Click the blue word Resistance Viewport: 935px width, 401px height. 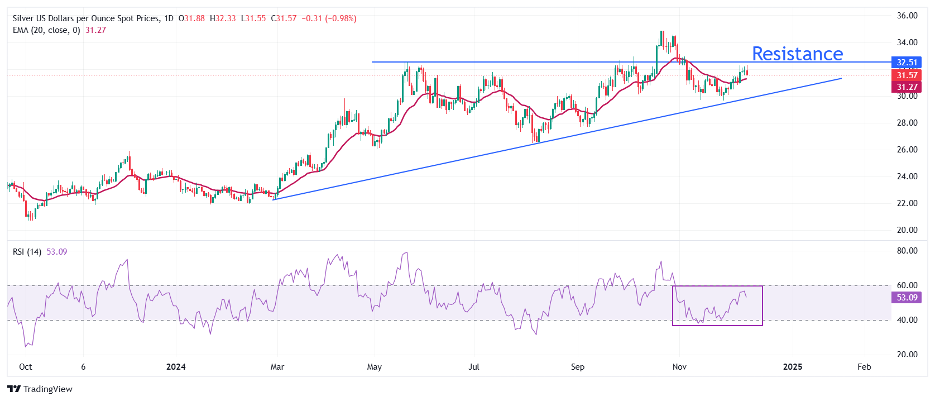click(x=797, y=54)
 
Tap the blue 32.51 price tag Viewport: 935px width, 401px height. click(x=907, y=63)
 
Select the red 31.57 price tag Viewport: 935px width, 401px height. click(x=907, y=75)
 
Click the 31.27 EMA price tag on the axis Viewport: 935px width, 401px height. click(x=907, y=87)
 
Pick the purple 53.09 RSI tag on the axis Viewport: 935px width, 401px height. click(x=907, y=298)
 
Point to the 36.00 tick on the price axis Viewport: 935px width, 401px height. click(x=907, y=16)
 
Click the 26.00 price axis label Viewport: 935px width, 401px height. click(x=907, y=150)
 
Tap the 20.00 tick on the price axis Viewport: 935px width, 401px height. click(x=907, y=230)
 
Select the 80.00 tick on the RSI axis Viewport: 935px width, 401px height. click(x=907, y=251)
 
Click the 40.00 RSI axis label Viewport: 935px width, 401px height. click(x=907, y=320)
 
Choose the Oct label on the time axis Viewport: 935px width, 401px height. click(x=26, y=367)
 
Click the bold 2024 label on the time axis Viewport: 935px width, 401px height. click(x=176, y=367)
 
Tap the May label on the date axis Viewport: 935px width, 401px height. click(x=375, y=367)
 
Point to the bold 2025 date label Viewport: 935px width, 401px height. click(x=793, y=367)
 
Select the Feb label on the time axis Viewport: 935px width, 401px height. click(x=864, y=367)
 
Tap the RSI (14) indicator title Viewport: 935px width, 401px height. click(x=27, y=252)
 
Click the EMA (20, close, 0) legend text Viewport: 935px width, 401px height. click(x=46, y=30)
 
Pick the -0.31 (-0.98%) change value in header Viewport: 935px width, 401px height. click(x=329, y=18)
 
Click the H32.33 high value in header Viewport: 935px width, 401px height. click(x=223, y=18)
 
